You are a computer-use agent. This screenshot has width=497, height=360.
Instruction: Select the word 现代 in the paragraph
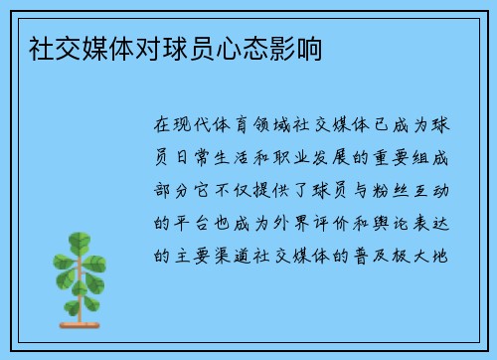(x=196, y=126)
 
